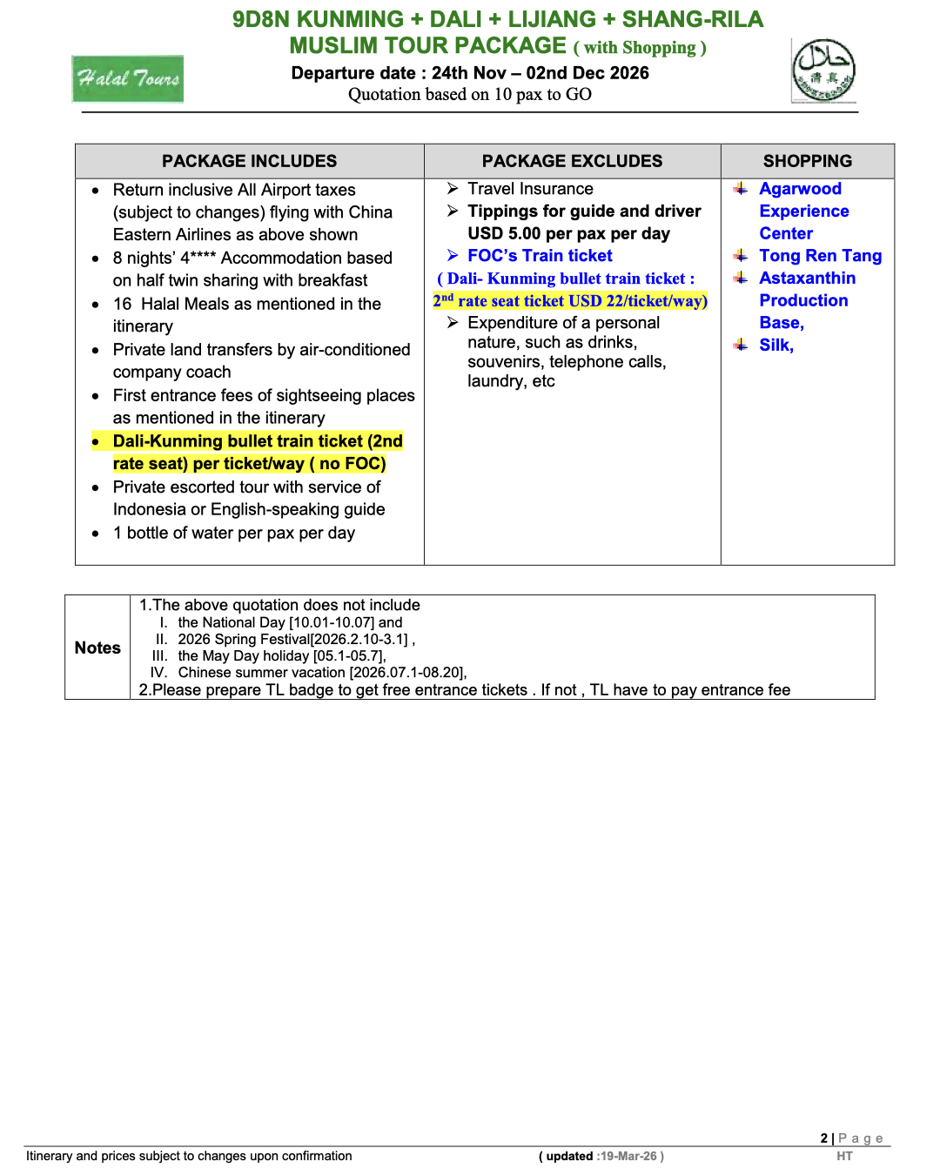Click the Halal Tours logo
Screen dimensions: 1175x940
pos(128,79)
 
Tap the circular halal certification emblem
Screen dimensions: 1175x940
pos(823,70)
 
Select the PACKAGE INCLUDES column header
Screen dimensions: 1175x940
pos(249,161)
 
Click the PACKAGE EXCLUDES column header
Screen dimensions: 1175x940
pos(572,161)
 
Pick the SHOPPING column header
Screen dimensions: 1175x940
pos(807,161)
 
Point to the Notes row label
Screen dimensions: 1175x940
pos(97,648)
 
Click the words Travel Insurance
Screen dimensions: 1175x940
pos(530,189)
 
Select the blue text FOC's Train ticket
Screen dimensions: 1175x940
pos(540,256)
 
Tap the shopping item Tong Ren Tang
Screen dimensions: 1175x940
pos(820,256)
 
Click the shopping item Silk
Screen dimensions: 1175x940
pos(775,345)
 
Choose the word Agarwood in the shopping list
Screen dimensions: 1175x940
pos(800,189)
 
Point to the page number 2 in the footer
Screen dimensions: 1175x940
pos(823,1138)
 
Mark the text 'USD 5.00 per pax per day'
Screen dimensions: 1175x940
pos(568,233)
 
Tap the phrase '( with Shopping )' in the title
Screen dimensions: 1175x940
pos(640,48)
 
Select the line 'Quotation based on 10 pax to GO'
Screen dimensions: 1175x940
pos(469,94)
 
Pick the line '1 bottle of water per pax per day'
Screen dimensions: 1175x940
pos(233,533)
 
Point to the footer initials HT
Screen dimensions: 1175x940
pos(844,1156)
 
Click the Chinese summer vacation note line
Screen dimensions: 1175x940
pos(322,672)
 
